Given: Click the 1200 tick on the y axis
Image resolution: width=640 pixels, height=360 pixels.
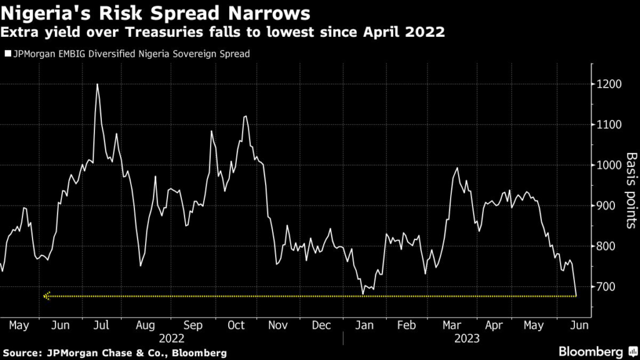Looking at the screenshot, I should click(609, 84).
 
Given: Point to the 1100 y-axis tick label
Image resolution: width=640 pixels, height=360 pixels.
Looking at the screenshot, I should click(609, 125).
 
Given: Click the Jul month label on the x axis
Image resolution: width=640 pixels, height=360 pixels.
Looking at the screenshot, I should click(101, 325).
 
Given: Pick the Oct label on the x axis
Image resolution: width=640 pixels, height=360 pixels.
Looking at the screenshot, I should click(236, 325).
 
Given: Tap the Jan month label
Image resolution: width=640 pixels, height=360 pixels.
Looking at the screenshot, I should click(364, 325).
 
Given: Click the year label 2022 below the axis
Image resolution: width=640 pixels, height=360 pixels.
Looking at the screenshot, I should click(172, 339).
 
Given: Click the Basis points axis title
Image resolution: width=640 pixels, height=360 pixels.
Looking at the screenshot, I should click(632, 190).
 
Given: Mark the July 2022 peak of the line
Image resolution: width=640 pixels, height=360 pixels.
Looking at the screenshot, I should click(97, 84).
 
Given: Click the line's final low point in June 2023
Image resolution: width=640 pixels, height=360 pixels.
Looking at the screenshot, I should click(576, 296).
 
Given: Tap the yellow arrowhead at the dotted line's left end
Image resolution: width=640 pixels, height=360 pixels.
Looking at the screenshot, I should click(46, 296).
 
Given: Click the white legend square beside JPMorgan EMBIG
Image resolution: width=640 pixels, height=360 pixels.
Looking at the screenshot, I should click(7, 54).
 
